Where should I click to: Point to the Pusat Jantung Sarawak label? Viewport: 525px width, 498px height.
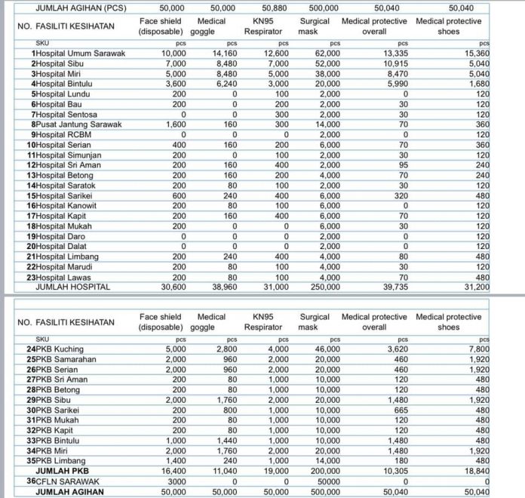pyautogui.click(x=77, y=124)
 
